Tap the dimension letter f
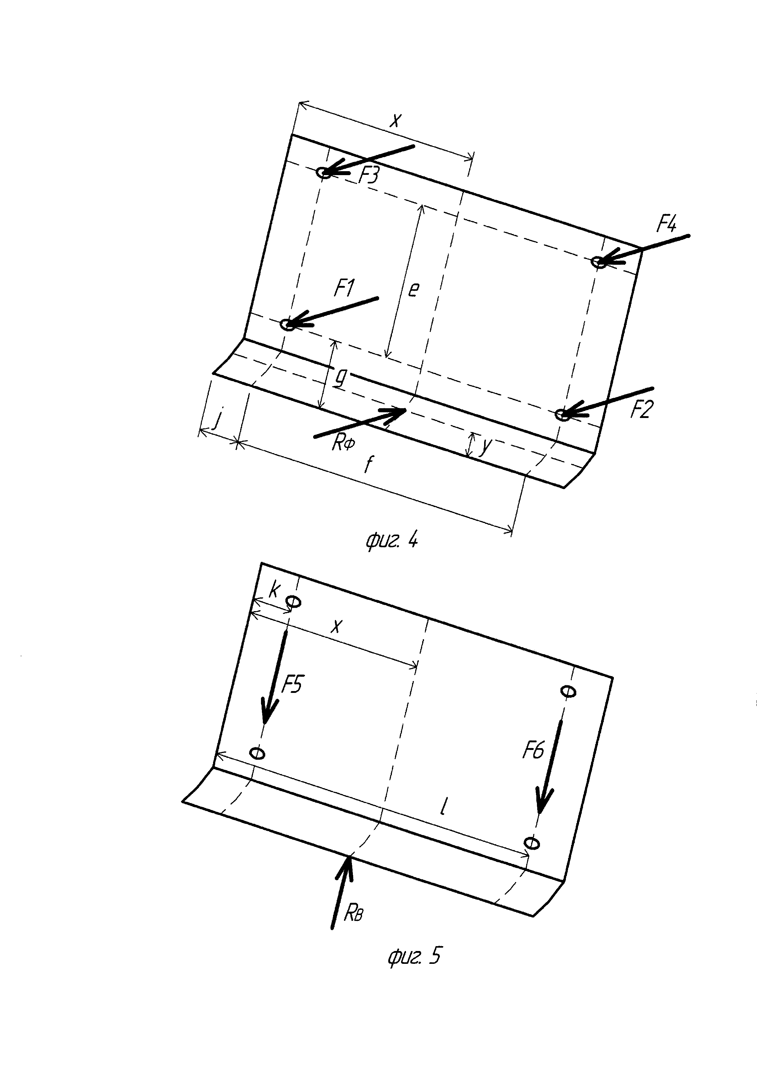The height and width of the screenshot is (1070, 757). pyautogui.click(x=369, y=464)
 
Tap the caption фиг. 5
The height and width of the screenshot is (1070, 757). pyautogui.click(x=414, y=955)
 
